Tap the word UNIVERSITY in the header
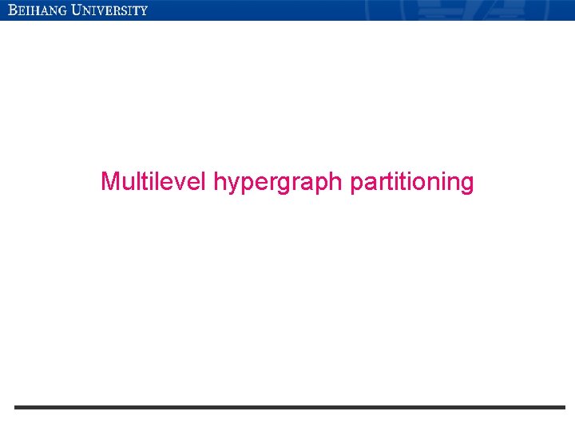tap(109, 10)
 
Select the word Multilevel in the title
tap(154, 182)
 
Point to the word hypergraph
tap(279, 184)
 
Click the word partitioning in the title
tap(412, 183)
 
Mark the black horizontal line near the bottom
tap(289, 407)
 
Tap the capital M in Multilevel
tap(110, 182)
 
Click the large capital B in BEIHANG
tap(13, 10)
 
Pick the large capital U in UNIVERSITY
tap(77, 10)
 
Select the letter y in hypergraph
tap(231, 185)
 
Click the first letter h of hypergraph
tap(219, 182)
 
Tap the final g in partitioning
tap(466, 185)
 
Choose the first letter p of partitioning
tap(357, 185)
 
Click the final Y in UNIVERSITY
tap(144, 11)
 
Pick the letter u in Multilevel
tap(128, 184)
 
